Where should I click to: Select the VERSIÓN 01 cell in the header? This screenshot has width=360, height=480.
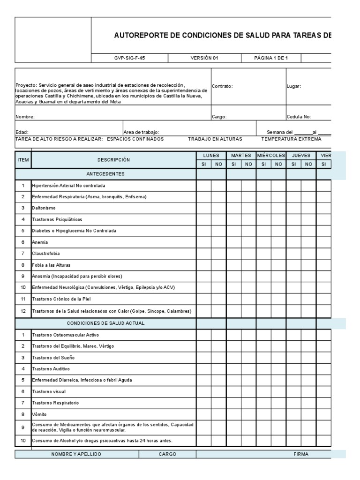coord(204,58)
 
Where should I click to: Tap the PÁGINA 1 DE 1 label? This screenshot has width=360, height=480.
coord(270,58)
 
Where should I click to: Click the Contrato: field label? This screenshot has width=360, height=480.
coord(222,86)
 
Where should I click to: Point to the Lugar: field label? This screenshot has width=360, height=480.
coord(294,86)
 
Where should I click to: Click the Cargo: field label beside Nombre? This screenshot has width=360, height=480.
coord(219,117)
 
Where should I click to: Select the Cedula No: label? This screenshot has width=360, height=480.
coord(299,117)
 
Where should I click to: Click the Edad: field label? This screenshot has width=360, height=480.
coord(22,133)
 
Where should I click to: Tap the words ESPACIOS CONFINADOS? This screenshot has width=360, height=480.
coord(135,139)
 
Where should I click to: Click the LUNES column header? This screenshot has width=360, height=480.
coord(211,155)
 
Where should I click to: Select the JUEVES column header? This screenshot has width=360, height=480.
coord(301,155)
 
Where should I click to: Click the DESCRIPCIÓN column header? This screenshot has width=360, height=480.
coord(113,160)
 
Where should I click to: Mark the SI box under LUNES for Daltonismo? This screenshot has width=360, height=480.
coord(203,208)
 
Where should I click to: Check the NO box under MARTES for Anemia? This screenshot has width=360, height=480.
coord(248,242)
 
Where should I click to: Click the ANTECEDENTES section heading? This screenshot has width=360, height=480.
coord(105,174)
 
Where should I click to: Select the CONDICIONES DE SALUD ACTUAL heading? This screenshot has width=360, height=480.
coord(105,323)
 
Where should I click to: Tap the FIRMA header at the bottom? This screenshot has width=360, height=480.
coord(300,454)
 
